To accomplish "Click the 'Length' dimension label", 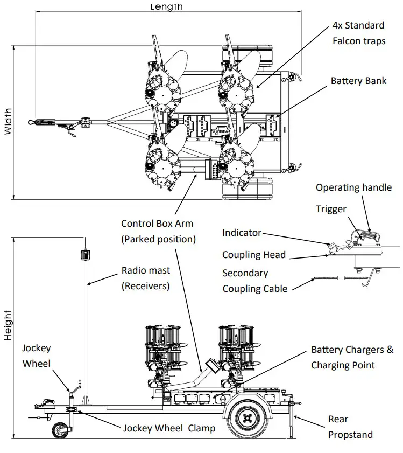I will tap(166, 6).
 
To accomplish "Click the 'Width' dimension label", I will tap(8, 123).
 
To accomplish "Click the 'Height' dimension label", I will tap(8, 324).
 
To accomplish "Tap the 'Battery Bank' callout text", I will tap(358, 81).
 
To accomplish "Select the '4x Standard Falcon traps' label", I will tap(358, 33).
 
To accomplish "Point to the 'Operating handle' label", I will tap(353, 187).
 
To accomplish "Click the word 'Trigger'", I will tap(331, 208).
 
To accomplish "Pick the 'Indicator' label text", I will tap(242, 233).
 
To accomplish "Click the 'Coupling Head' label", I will tap(254, 255).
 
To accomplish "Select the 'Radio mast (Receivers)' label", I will tap(145, 278).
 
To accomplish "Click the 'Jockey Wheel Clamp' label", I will tap(169, 429).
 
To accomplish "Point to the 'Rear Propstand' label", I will tap(350, 427).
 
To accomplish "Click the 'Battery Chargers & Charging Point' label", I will tap(352, 358).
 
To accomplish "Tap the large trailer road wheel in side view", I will tap(248, 418).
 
